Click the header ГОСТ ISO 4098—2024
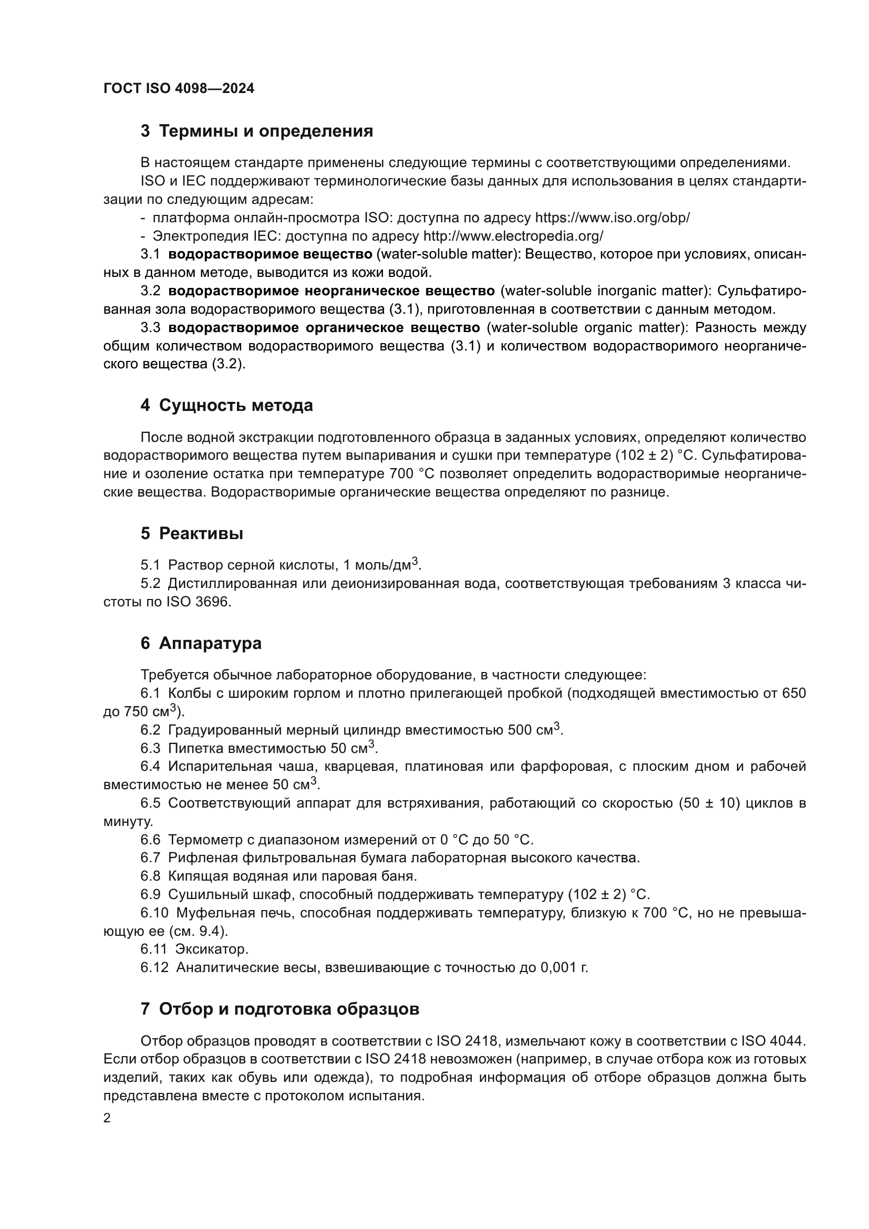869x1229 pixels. (179, 89)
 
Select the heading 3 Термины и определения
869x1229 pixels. (257, 131)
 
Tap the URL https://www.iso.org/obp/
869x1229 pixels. (612, 218)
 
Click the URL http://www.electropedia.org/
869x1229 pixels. (513, 236)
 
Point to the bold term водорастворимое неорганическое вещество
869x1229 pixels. (331, 291)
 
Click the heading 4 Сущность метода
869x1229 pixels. (226, 405)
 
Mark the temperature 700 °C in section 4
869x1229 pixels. (402, 474)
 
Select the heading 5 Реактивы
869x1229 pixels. (192, 533)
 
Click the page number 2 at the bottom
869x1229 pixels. (107, 1118)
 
